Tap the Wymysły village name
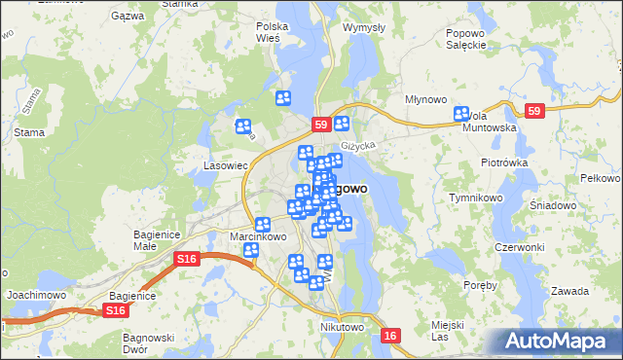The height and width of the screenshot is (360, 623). pyautogui.click(x=365, y=27)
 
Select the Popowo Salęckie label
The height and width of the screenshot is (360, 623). pyautogui.click(x=465, y=38)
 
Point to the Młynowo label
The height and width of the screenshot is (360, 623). pyautogui.click(x=425, y=99)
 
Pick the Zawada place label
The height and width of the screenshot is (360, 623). pyautogui.click(x=569, y=291)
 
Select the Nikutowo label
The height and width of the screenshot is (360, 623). pyautogui.click(x=342, y=328)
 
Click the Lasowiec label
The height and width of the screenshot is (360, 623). pyautogui.click(x=226, y=166)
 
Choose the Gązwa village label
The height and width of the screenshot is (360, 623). pyautogui.click(x=128, y=17)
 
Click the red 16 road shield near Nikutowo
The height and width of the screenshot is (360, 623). pyautogui.click(x=390, y=336)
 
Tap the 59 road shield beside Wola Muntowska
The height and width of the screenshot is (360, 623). pyautogui.click(x=532, y=112)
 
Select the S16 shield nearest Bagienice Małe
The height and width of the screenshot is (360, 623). pyautogui.click(x=187, y=258)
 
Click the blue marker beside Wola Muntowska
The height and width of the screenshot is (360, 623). pyautogui.click(x=461, y=114)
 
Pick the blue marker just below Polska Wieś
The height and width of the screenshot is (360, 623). pyautogui.click(x=283, y=97)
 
